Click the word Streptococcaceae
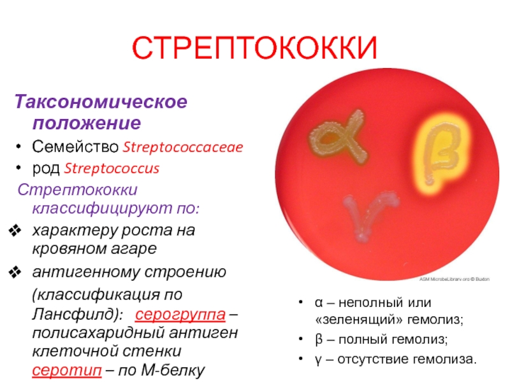tap(183, 147)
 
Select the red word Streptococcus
tap(112, 168)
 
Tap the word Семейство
tap(75, 147)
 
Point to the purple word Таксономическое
tap(101, 101)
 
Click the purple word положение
tap(87, 123)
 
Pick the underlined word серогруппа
tap(180, 314)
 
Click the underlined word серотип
tap(67, 370)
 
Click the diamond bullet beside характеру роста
tap(15, 230)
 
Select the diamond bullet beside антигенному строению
tap(15, 272)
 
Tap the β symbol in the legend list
tap(319, 340)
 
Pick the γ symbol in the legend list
tap(318, 360)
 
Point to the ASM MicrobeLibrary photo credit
tap(454, 279)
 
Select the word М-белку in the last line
tap(173, 370)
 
